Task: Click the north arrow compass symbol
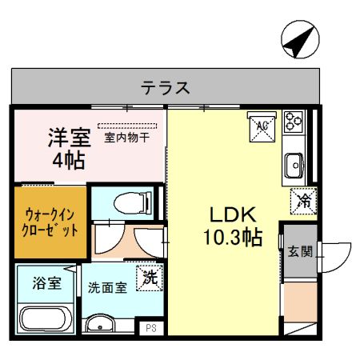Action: pos(298,40)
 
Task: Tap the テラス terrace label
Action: pos(166,87)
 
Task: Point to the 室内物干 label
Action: pos(127,137)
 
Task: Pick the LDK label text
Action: pos(232,215)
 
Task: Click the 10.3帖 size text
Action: pos(232,238)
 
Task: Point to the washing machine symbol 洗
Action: pos(150,278)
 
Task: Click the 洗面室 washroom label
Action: pos(107,287)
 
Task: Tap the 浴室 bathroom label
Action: pos(46,282)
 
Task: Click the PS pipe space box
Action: pos(149,328)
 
